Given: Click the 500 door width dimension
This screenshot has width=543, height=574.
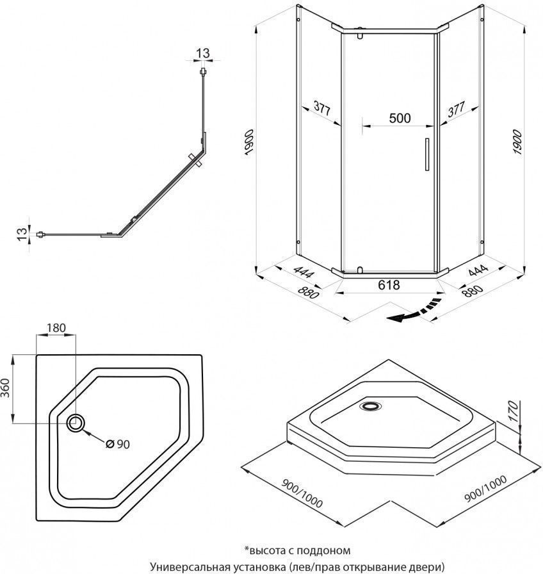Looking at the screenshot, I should click(400, 118).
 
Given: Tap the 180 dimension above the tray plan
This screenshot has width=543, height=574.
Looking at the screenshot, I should click(56, 327).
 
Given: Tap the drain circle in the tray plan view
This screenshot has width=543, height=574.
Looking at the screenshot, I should click(76, 422).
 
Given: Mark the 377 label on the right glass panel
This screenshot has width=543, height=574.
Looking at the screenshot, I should click(456, 109).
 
